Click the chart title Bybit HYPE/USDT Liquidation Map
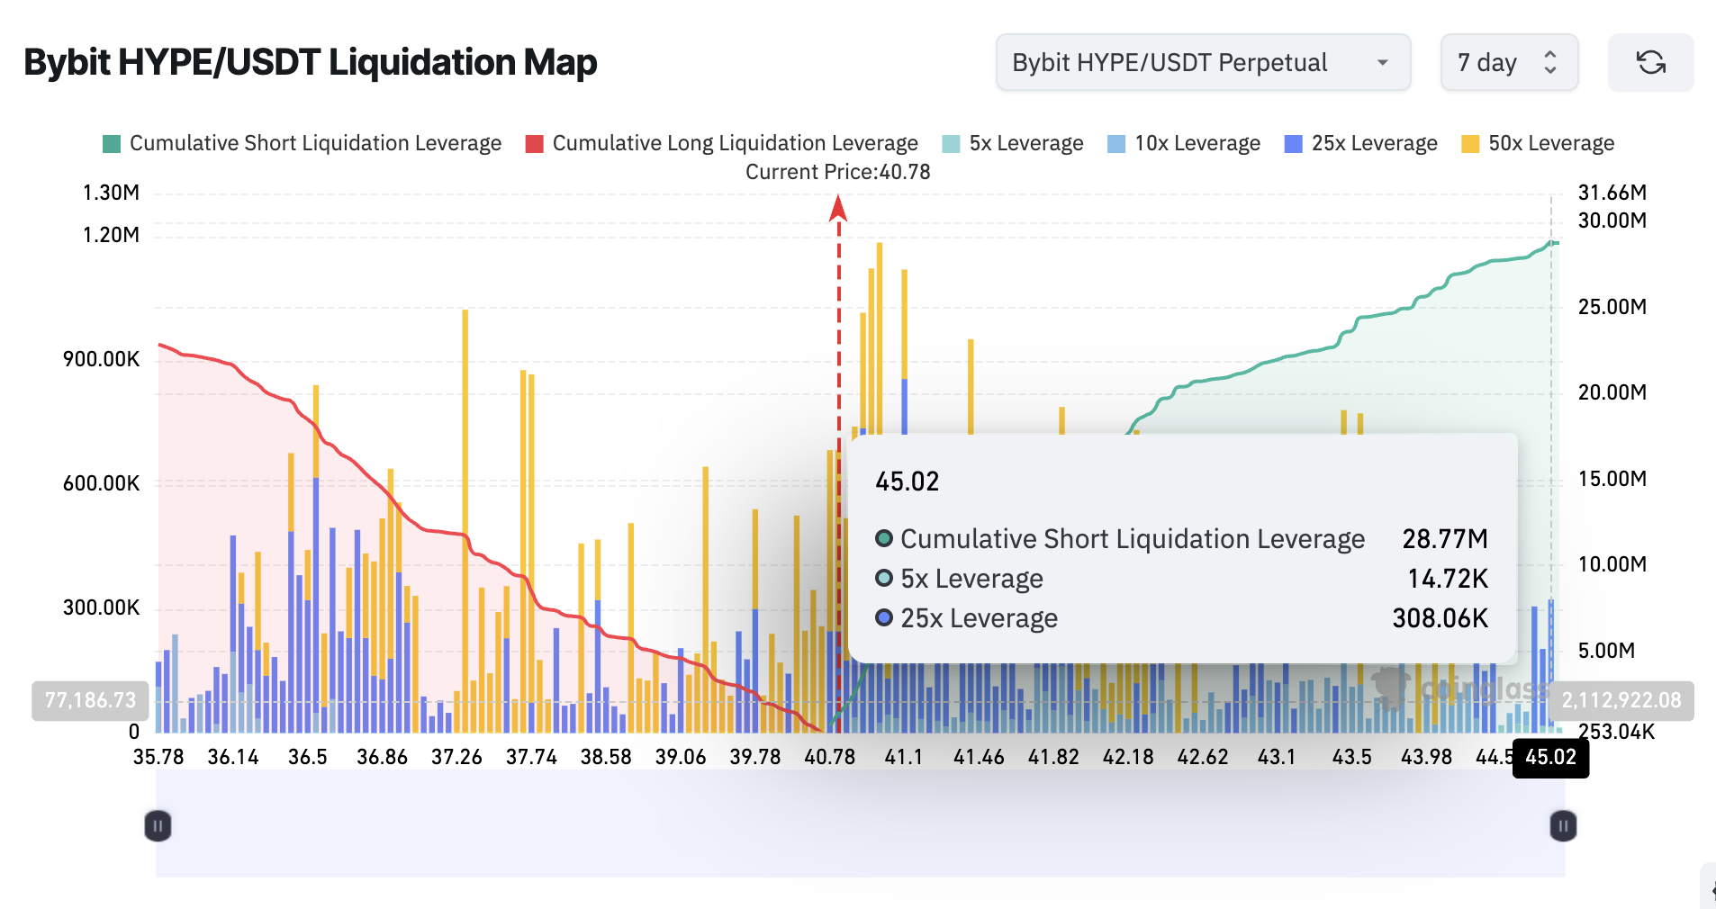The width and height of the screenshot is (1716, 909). point(310,63)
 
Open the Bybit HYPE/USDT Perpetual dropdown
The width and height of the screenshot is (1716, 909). point(1202,63)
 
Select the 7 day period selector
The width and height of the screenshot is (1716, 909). point(1508,63)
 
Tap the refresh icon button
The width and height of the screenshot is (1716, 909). point(1650,63)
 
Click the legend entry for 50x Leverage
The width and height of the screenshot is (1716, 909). point(1538,143)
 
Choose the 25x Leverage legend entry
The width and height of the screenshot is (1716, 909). point(1360,143)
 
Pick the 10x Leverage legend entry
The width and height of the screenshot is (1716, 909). point(1184,143)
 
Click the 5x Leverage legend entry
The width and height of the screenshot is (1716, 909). point(1012,143)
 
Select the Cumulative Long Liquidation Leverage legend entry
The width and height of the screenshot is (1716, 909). point(721,143)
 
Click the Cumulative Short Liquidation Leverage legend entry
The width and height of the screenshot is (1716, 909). point(302,143)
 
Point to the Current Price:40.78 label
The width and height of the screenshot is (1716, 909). point(837,172)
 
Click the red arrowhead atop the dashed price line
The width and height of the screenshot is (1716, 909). point(838,208)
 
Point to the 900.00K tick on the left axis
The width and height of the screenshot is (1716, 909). point(101,359)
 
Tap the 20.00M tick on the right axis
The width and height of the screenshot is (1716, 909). point(1612,392)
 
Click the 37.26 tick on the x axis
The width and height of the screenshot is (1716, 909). point(456,757)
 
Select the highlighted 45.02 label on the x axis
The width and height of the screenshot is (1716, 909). point(1550,757)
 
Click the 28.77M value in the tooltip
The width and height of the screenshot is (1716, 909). point(1444,539)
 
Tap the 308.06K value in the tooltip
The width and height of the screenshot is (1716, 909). point(1440,618)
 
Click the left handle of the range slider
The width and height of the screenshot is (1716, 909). point(158,825)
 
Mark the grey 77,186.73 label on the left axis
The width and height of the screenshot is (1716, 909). point(90,700)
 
